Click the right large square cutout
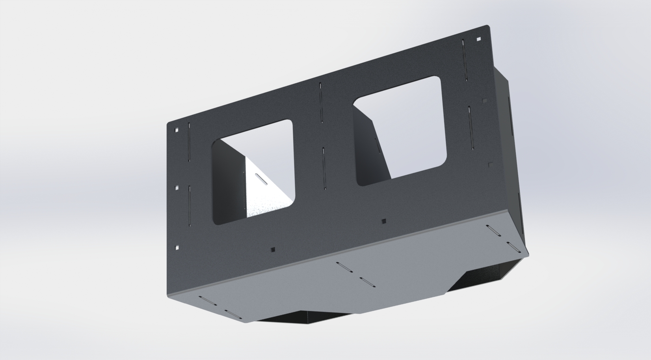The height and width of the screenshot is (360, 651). (400, 130)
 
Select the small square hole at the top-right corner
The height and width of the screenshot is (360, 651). (479, 39)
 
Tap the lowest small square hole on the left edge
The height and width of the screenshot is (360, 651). (177, 247)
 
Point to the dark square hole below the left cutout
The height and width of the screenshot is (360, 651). (273, 250)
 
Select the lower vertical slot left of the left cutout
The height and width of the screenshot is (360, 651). (190, 205)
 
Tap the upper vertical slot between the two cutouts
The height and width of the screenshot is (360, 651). (321, 103)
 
